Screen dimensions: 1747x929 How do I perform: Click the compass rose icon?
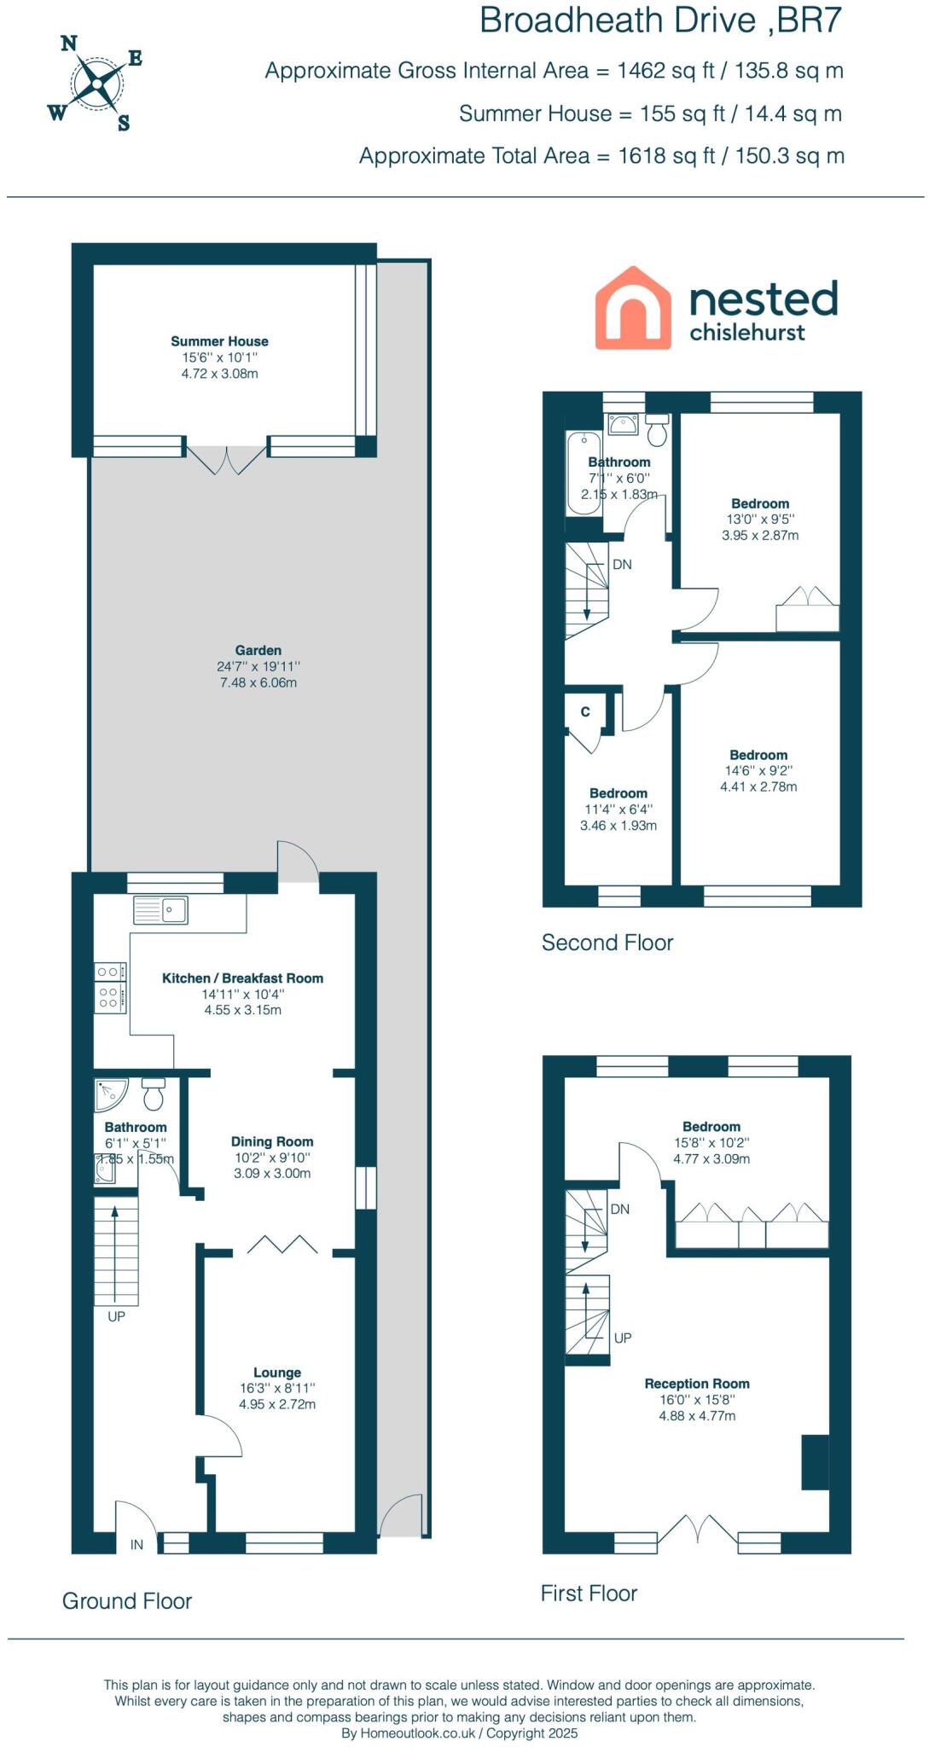pyautogui.click(x=96, y=83)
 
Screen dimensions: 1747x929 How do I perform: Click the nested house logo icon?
pyautogui.click(x=632, y=308)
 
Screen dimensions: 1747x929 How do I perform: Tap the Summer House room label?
pyautogui.click(x=219, y=341)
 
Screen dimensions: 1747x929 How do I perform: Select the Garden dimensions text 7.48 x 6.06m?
pyautogui.click(x=258, y=682)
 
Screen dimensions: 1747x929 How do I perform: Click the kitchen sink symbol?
pyautogui.click(x=161, y=910)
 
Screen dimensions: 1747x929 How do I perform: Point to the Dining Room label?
pyautogui.click(x=272, y=1141)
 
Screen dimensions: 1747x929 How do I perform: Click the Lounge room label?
pyautogui.click(x=277, y=1373)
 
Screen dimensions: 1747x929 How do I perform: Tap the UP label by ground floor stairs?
pyautogui.click(x=117, y=1316)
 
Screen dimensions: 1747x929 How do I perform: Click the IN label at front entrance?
pyautogui.click(x=136, y=1545)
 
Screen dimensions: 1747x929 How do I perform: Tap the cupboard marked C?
pyautogui.click(x=585, y=711)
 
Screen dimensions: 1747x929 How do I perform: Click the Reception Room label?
pyautogui.click(x=697, y=1384)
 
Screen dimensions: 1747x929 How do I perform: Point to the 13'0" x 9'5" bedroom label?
pyautogui.click(x=759, y=504)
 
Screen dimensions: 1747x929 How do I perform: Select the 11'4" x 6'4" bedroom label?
pyautogui.click(x=618, y=793)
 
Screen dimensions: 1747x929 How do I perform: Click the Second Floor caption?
pyautogui.click(x=607, y=943)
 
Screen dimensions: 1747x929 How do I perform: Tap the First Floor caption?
pyautogui.click(x=589, y=1593)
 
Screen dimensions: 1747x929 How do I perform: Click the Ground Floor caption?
pyautogui.click(x=127, y=1601)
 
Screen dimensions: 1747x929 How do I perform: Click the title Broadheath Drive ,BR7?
pyautogui.click(x=660, y=20)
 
